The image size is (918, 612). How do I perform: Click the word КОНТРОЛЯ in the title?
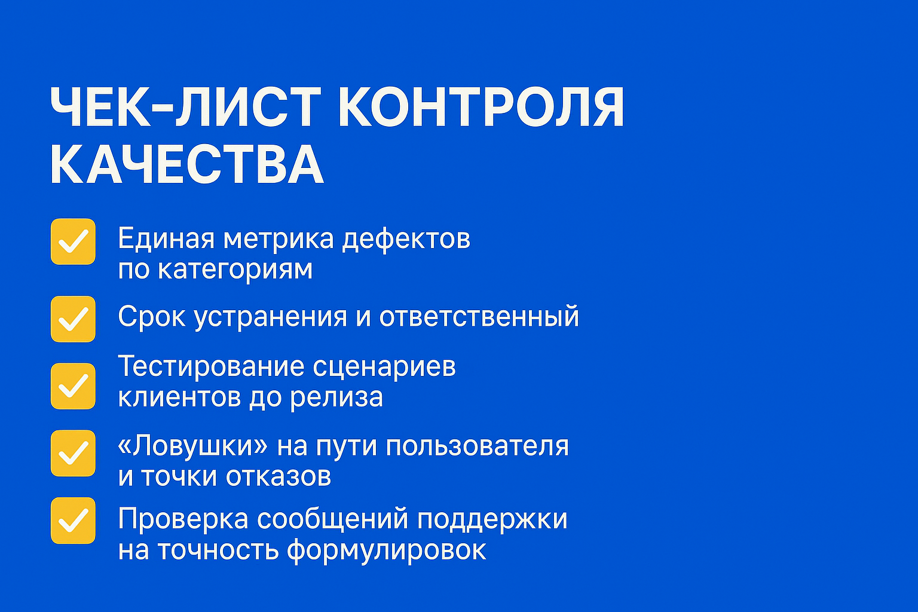[x=481, y=108]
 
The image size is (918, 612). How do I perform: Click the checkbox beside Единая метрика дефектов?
[x=73, y=241]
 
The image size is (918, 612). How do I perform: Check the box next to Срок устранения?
[x=73, y=319]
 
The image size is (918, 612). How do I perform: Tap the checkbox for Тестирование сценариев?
[x=73, y=386]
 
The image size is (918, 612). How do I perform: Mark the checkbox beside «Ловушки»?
[x=73, y=453]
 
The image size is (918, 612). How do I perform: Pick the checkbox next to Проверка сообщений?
[x=73, y=521]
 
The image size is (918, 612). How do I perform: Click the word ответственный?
[x=479, y=317]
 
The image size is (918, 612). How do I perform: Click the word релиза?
[x=336, y=397]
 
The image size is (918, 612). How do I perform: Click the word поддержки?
[x=492, y=519]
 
